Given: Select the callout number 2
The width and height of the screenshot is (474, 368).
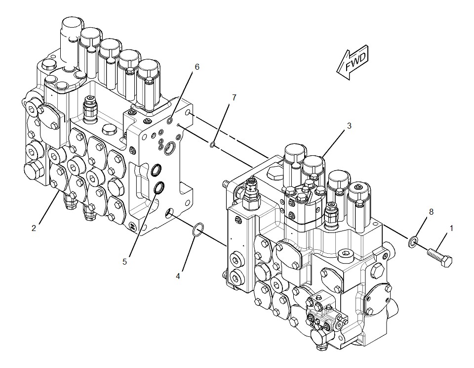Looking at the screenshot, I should point(34,228).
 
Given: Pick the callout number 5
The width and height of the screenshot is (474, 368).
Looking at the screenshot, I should point(124,261).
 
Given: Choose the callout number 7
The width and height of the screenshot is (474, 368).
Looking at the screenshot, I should point(234,97).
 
